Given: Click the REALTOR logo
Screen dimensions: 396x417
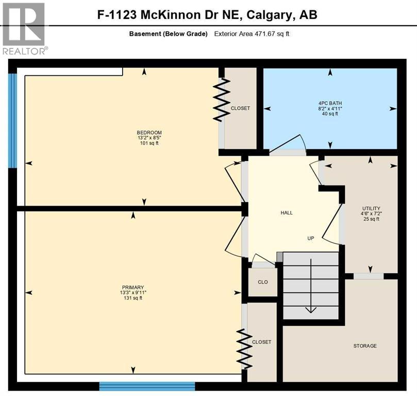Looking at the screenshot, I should pos(24,28).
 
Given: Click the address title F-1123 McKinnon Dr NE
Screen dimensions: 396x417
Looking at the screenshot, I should pos(207,14).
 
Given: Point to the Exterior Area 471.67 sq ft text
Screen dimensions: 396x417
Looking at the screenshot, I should pos(254,34).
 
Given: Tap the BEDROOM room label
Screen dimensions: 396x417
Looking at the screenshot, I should pos(145,133).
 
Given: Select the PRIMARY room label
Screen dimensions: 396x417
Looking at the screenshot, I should pos(133,287).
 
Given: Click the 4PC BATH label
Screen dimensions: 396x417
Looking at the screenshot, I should pos(330,103).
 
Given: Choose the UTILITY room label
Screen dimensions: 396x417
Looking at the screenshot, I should pos(371,208).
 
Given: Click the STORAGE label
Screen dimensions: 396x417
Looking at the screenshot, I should pos(365,346).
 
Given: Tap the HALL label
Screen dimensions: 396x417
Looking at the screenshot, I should pos(287,213).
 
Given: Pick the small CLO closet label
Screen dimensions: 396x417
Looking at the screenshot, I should pos(263,283).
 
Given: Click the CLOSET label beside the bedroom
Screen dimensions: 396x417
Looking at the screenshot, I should pos(240,108).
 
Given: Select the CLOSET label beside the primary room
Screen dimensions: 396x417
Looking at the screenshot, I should pos(261,342).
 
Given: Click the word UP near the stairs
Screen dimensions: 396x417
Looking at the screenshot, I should pos(311,239).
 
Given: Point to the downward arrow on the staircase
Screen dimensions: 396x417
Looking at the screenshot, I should pos(310,309).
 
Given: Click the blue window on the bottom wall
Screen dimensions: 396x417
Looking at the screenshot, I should pos(147,386).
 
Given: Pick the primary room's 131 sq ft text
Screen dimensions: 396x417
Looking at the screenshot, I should pos(133,298).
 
